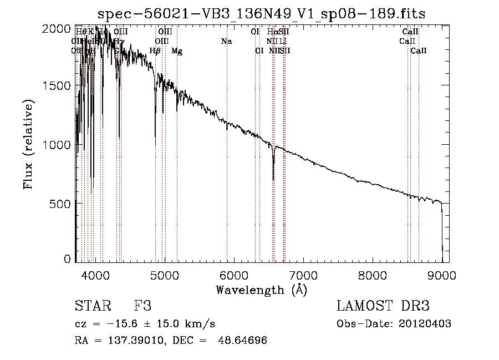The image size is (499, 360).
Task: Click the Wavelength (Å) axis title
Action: click(x=261, y=290)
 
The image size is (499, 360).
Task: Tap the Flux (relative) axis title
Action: click(x=28, y=144)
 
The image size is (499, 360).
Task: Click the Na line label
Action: click(x=226, y=42)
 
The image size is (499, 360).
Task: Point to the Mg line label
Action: click(x=176, y=51)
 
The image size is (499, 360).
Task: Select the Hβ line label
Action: click(x=155, y=51)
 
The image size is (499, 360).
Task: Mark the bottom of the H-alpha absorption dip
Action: click(x=273, y=179)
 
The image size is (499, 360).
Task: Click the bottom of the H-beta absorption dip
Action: click(x=155, y=145)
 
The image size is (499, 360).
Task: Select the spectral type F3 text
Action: click(x=142, y=306)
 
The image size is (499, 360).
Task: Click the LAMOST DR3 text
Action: click(x=383, y=306)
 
